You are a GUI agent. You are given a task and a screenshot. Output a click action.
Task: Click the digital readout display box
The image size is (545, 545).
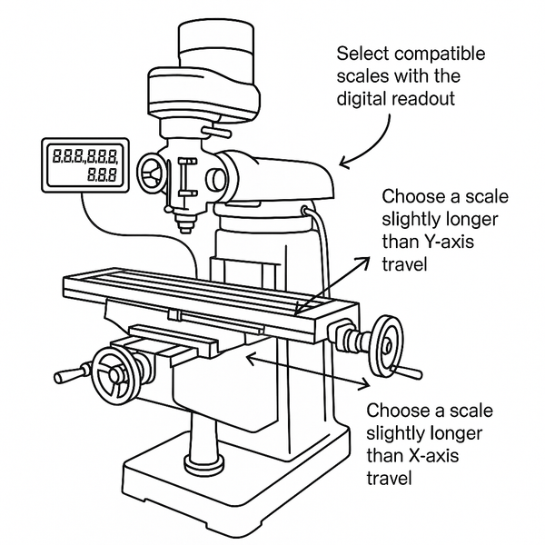point(86,165)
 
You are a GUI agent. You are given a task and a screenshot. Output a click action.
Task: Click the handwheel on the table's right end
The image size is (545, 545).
point(387,344)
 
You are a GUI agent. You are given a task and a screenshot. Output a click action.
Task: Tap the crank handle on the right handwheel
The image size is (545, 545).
point(411,372)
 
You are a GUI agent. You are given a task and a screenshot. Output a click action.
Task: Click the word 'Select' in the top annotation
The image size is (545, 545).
point(360,52)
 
